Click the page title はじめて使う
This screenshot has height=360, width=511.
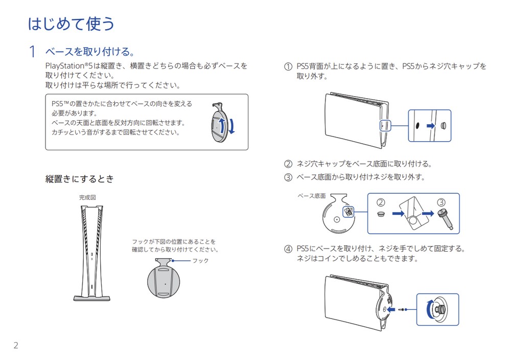pos(71,24)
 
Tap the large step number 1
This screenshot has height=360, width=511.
pos(32,52)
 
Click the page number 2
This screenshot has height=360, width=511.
pos(16,345)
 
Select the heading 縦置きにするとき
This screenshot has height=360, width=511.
pos(80,178)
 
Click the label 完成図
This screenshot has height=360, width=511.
pos(87,197)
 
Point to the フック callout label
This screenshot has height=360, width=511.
pos(200,261)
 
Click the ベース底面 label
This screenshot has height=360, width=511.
pos(312,196)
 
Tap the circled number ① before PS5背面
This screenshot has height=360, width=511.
pos(288,66)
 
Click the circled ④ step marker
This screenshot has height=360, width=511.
pos(288,249)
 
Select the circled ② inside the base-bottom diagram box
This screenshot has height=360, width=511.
pos(381,202)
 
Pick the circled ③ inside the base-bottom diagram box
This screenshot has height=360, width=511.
pos(441,202)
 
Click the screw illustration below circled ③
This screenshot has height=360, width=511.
pos(446,219)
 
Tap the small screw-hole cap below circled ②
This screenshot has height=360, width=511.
pos(381,214)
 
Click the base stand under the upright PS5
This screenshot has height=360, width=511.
pos(92,298)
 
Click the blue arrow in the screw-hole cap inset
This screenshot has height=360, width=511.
pos(431,126)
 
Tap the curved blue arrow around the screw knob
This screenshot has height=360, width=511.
pos(429,309)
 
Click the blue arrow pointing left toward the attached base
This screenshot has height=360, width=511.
pos(391,309)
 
